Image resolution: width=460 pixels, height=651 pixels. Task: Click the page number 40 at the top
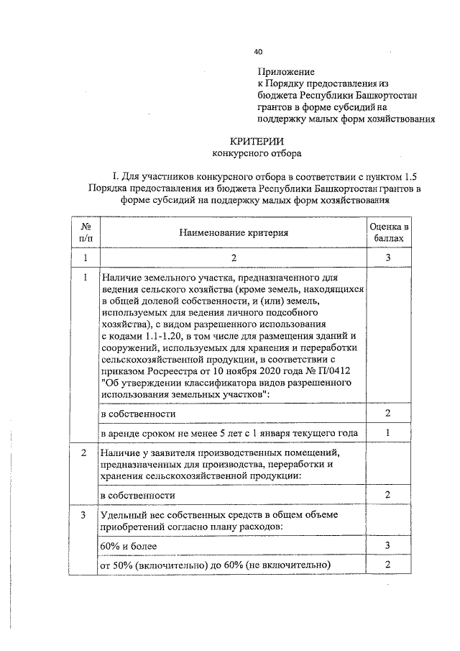tap(259, 51)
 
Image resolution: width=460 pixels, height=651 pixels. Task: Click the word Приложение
tap(286, 72)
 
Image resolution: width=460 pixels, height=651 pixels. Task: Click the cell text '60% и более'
tap(126, 547)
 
